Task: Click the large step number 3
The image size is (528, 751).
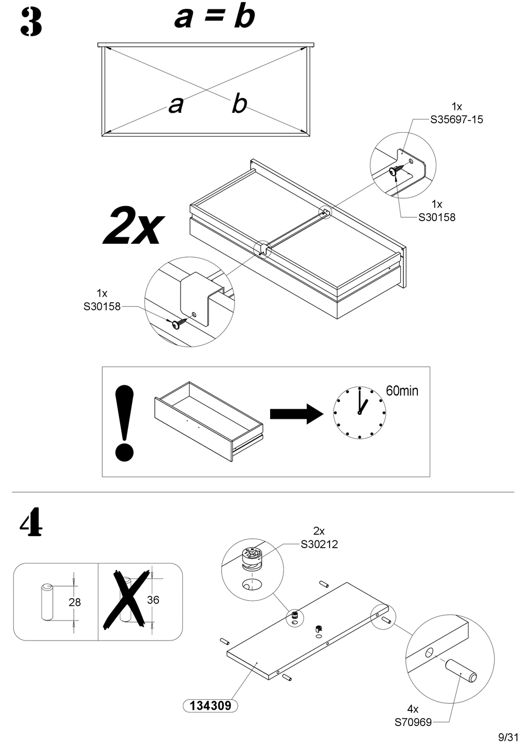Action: click(x=31, y=23)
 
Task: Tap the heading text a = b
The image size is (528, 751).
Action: click(x=215, y=17)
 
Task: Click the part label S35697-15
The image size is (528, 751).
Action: click(x=456, y=119)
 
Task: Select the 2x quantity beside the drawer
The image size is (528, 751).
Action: click(x=134, y=225)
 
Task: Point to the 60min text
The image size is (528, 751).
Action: click(x=402, y=391)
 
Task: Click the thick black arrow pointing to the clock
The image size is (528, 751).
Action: click(x=296, y=414)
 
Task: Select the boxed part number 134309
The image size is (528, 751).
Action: click(x=210, y=706)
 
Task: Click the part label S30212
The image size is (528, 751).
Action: click(x=319, y=544)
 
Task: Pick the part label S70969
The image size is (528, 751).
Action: click(x=413, y=723)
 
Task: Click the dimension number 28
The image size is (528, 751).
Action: click(x=74, y=602)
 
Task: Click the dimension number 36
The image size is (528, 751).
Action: click(x=153, y=600)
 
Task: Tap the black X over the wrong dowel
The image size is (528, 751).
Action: click(x=127, y=599)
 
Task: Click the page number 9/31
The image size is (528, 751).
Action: click(x=508, y=738)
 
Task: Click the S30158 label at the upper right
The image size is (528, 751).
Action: click(x=436, y=217)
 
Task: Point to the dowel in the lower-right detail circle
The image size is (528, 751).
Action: click(x=461, y=670)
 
